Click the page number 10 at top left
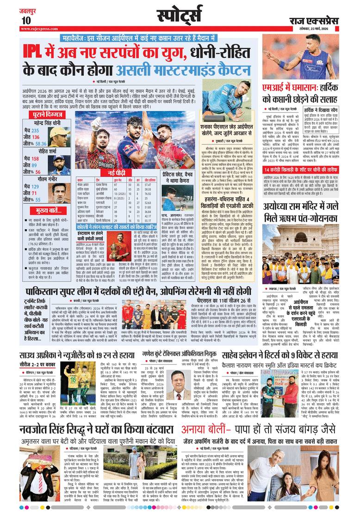coord(25,20)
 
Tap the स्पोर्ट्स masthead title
coord(180,15)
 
